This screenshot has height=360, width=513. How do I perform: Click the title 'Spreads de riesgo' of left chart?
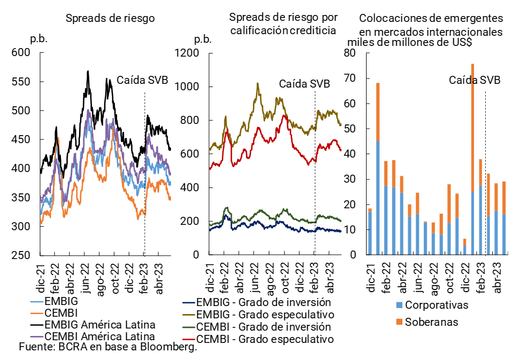[110, 18]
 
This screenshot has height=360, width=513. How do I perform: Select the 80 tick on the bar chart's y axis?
[350, 53]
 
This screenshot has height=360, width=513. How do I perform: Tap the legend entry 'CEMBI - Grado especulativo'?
[265, 339]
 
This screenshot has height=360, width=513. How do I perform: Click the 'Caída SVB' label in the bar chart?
[475, 81]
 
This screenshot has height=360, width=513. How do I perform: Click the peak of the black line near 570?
[88, 71]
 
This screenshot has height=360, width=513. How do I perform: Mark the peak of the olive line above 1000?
[258, 83]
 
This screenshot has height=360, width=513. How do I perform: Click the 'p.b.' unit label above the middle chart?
[203, 39]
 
